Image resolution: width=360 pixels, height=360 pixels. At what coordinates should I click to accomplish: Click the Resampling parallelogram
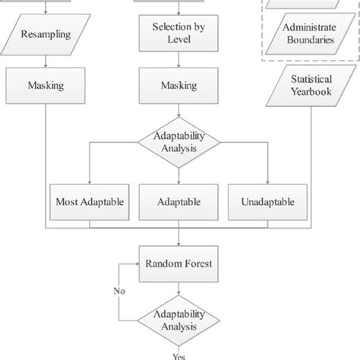pos(47,34)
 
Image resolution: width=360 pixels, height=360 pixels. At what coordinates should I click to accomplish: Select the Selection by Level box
pos(178,34)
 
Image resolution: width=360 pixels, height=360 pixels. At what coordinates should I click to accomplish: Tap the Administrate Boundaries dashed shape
pos(308,34)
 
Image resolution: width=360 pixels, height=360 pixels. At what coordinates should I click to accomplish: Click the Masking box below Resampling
pos(47,85)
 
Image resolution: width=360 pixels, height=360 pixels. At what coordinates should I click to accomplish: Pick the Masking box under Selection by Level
pos(178,85)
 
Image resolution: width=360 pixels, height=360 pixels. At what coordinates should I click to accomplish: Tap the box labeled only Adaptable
pos(178,202)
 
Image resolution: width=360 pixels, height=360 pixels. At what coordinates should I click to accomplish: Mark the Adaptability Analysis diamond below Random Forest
pos(178,322)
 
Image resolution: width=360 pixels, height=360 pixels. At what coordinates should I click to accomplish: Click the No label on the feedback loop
pos(120,290)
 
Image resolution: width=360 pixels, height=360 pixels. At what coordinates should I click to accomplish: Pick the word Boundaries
pos(308,41)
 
